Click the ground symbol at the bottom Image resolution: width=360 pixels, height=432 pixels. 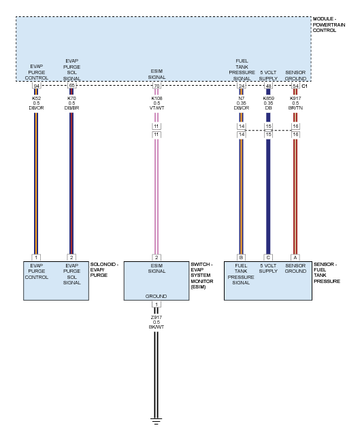click(156, 421)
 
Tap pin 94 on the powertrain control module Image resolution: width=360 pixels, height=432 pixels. click(36, 86)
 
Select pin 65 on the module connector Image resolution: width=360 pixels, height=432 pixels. click(71, 86)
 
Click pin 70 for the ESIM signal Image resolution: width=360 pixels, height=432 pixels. click(157, 86)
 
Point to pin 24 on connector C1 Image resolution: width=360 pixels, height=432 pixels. click(242, 86)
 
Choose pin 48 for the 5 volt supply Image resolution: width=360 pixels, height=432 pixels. click(268, 86)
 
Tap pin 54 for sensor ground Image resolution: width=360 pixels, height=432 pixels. click(295, 86)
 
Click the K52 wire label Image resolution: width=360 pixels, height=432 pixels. click(36, 103)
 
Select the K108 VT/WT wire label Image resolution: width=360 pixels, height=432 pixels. click(157, 103)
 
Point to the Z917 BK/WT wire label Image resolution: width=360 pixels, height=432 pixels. click(157, 322)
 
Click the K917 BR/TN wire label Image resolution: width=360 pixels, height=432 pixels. click(295, 103)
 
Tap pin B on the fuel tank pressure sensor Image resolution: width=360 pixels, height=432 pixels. click(241, 257)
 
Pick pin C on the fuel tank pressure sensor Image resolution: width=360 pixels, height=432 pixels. click(268, 257)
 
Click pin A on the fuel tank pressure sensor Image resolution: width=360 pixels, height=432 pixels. click(295, 257)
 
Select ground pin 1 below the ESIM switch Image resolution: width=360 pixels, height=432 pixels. click(157, 304)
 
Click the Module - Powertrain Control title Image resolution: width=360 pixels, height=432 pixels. click(329, 24)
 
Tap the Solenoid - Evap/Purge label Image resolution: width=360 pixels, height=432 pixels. click(104, 269)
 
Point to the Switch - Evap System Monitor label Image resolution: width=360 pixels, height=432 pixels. click(201, 276)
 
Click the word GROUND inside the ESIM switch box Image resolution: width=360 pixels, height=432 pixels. click(156, 296)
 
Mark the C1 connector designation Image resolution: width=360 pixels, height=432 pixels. click(304, 86)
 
